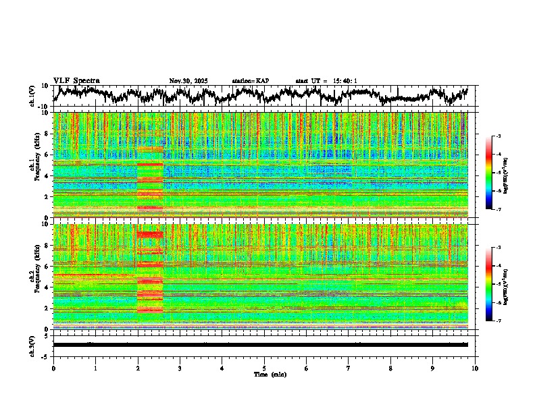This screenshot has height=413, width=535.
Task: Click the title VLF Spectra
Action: tap(76, 80)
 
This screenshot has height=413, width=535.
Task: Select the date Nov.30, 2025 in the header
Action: tap(188, 81)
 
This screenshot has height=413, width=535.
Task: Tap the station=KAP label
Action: tap(250, 81)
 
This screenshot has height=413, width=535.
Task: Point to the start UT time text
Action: tap(326, 81)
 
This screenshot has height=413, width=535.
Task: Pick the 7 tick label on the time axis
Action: tap(349, 368)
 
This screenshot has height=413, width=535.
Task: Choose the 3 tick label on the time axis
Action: tap(180, 368)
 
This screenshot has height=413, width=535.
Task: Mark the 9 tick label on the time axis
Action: tap(433, 368)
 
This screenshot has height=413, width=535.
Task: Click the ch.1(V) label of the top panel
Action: tap(32, 96)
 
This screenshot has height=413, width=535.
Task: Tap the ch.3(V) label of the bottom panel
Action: tap(32, 344)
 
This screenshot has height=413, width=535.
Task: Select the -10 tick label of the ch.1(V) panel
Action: tap(42, 107)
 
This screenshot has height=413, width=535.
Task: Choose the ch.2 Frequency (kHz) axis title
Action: tap(35, 276)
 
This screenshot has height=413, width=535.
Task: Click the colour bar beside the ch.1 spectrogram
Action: tap(495, 173)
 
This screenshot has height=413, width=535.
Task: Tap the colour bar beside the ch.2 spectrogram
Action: tap(495, 284)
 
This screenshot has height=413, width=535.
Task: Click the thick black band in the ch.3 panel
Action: tap(260, 344)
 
